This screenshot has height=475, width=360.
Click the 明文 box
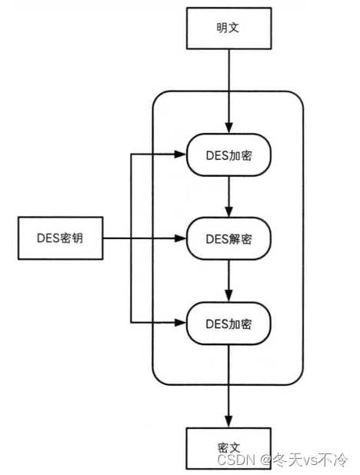[x=229, y=28]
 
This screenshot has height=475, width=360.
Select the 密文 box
[x=228, y=448]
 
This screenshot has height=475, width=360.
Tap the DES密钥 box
[x=60, y=238]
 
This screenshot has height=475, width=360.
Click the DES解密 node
[x=228, y=239]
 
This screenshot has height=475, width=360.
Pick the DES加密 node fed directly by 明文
[x=228, y=154]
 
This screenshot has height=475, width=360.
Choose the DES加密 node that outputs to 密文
[x=228, y=324]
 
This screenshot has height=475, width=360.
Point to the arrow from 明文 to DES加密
[x=229, y=91]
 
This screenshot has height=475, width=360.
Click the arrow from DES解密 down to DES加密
[x=229, y=281]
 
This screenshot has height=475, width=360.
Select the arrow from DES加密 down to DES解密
[x=229, y=197]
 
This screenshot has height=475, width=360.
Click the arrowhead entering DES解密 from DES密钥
[x=181, y=238]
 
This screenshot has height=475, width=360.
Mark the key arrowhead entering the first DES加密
[x=181, y=154]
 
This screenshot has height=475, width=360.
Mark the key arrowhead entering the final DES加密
[x=181, y=323]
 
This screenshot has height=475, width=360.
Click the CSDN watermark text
[x=236, y=460]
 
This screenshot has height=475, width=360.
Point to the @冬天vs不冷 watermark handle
[x=304, y=460]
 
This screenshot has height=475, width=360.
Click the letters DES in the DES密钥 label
[x=48, y=238]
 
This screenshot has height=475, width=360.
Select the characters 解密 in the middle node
[x=240, y=239]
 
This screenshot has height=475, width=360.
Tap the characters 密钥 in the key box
[x=72, y=238]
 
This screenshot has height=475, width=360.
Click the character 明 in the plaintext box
[x=222, y=28]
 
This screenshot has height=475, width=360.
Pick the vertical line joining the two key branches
[x=131, y=239]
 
